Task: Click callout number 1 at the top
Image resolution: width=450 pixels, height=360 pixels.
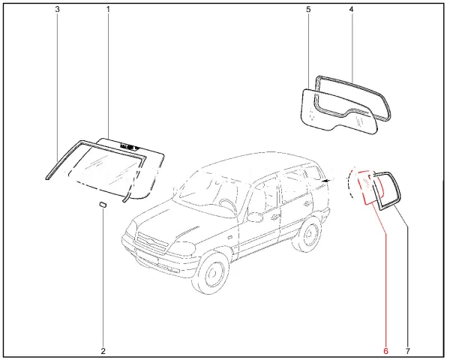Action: coord(108,9)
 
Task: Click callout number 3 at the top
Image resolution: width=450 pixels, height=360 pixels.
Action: coord(58,9)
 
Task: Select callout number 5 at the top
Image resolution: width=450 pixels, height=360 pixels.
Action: coord(308,9)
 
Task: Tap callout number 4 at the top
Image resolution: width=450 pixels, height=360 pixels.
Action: coord(351,9)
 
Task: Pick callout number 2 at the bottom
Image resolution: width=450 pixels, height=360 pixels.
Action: coord(103,351)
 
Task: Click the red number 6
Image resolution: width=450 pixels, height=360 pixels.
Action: coord(385,351)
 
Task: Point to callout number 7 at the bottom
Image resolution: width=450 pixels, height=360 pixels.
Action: coord(408,351)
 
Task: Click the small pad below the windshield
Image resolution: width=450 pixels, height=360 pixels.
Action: coord(103,205)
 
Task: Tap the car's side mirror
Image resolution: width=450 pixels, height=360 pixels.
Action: coord(255,217)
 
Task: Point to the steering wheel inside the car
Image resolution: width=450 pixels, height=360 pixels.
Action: coord(228,204)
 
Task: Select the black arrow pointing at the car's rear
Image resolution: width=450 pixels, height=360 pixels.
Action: coord(325,181)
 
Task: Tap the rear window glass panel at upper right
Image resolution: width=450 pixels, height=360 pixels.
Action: coord(339,112)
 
